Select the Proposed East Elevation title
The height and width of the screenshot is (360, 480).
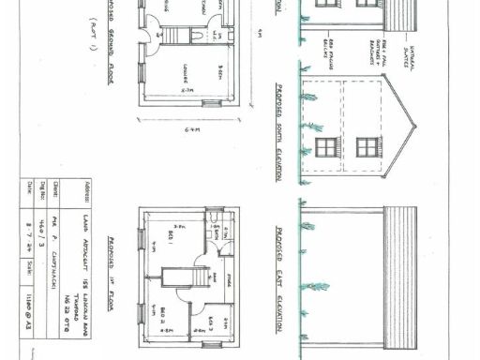280,278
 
